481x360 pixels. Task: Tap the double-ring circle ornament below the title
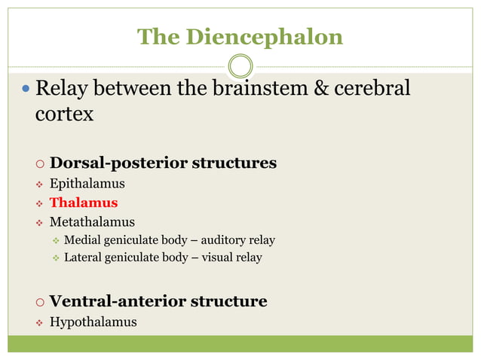tap(240, 66)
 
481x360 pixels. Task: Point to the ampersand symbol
tap(321, 89)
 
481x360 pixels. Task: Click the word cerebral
tap(373, 89)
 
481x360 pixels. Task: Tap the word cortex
tap(65, 114)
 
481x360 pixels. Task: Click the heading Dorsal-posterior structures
tap(163, 163)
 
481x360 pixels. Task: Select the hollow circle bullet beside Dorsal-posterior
tap(39, 164)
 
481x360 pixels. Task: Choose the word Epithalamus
tap(87, 183)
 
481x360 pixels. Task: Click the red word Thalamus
tap(84, 203)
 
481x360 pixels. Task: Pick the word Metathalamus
tap(92, 222)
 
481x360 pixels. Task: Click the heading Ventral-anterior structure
tap(158, 301)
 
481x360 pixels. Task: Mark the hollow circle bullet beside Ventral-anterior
tap(39, 303)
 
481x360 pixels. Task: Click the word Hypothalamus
tap(93, 322)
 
